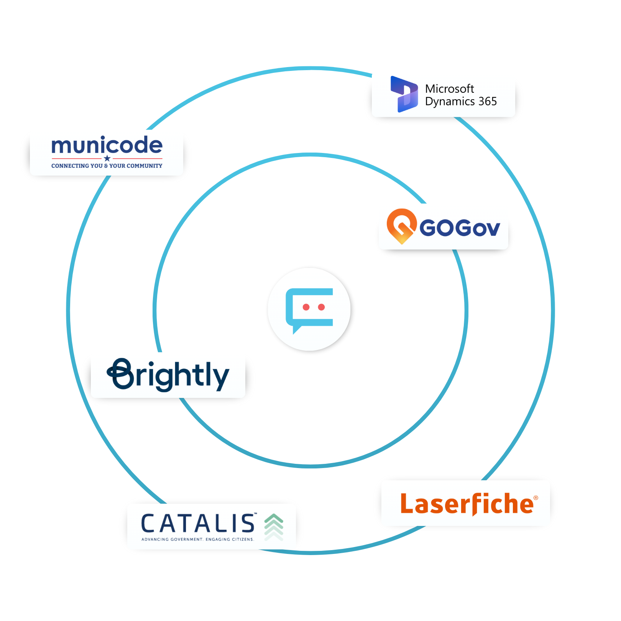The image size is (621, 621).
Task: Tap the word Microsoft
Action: [449, 89]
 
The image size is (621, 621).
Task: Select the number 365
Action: [488, 102]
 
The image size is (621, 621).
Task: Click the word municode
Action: [107, 146]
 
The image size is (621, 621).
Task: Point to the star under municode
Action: [107, 158]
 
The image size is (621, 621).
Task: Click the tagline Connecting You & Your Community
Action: [107, 166]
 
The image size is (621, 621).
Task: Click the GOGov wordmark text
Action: [460, 228]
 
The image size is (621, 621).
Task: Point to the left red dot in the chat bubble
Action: [306, 307]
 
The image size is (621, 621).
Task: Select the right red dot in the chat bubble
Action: [322, 307]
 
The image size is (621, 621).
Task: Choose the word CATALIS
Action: [198, 524]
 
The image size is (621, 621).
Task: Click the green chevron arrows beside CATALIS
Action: [274, 526]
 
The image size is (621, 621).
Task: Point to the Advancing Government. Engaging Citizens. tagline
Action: [198, 539]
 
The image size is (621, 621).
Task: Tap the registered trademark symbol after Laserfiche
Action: [536, 498]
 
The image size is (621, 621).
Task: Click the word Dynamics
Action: [450, 102]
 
